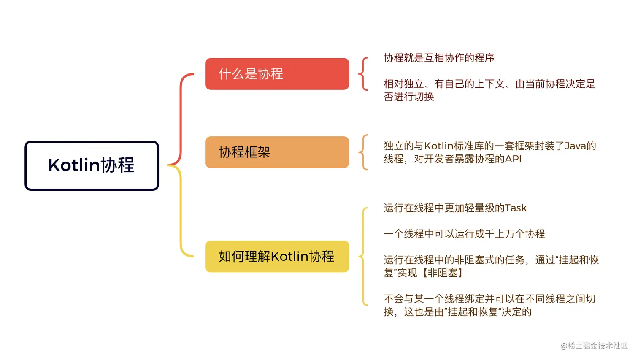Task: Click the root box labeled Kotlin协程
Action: point(92,165)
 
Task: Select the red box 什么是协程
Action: point(277,74)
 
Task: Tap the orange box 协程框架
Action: point(277,152)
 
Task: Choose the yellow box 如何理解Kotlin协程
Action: point(277,256)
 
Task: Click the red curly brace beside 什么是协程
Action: point(362,74)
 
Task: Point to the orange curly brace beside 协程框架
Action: point(362,152)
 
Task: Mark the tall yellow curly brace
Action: point(363,256)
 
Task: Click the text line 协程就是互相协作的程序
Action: point(439,58)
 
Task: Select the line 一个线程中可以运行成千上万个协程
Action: point(464,234)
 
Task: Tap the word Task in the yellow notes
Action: point(516,208)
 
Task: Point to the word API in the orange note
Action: point(513,159)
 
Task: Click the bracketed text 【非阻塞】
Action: point(443,273)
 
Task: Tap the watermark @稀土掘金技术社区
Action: point(594,346)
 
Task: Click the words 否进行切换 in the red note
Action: point(409,97)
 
